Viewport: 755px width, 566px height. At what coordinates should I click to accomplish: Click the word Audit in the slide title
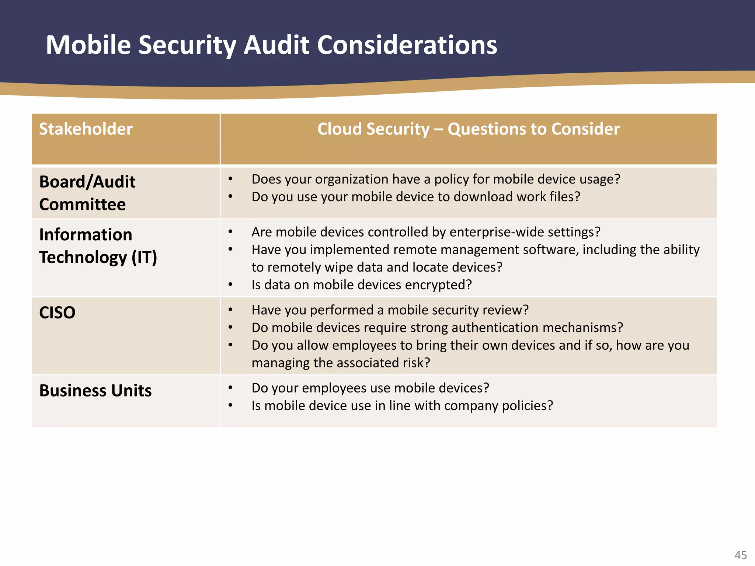[x=276, y=45]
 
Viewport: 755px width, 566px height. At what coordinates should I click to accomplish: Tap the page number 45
[x=741, y=555]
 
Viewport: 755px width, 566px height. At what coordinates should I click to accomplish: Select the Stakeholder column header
[x=86, y=129]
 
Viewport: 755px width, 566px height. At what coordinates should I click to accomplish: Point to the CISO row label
[x=57, y=312]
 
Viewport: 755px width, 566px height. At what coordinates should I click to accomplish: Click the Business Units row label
[x=95, y=391]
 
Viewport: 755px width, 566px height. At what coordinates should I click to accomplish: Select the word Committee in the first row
[x=83, y=205]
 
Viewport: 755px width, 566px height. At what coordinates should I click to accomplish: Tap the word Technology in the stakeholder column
[x=83, y=257]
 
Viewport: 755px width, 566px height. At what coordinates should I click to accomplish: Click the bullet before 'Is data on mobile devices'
[x=230, y=284]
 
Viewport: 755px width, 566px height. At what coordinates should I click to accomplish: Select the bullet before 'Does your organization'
[x=230, y=179]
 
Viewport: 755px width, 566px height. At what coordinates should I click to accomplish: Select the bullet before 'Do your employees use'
[x=230, y=388]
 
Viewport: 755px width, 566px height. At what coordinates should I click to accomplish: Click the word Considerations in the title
[x=407, y=45]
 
